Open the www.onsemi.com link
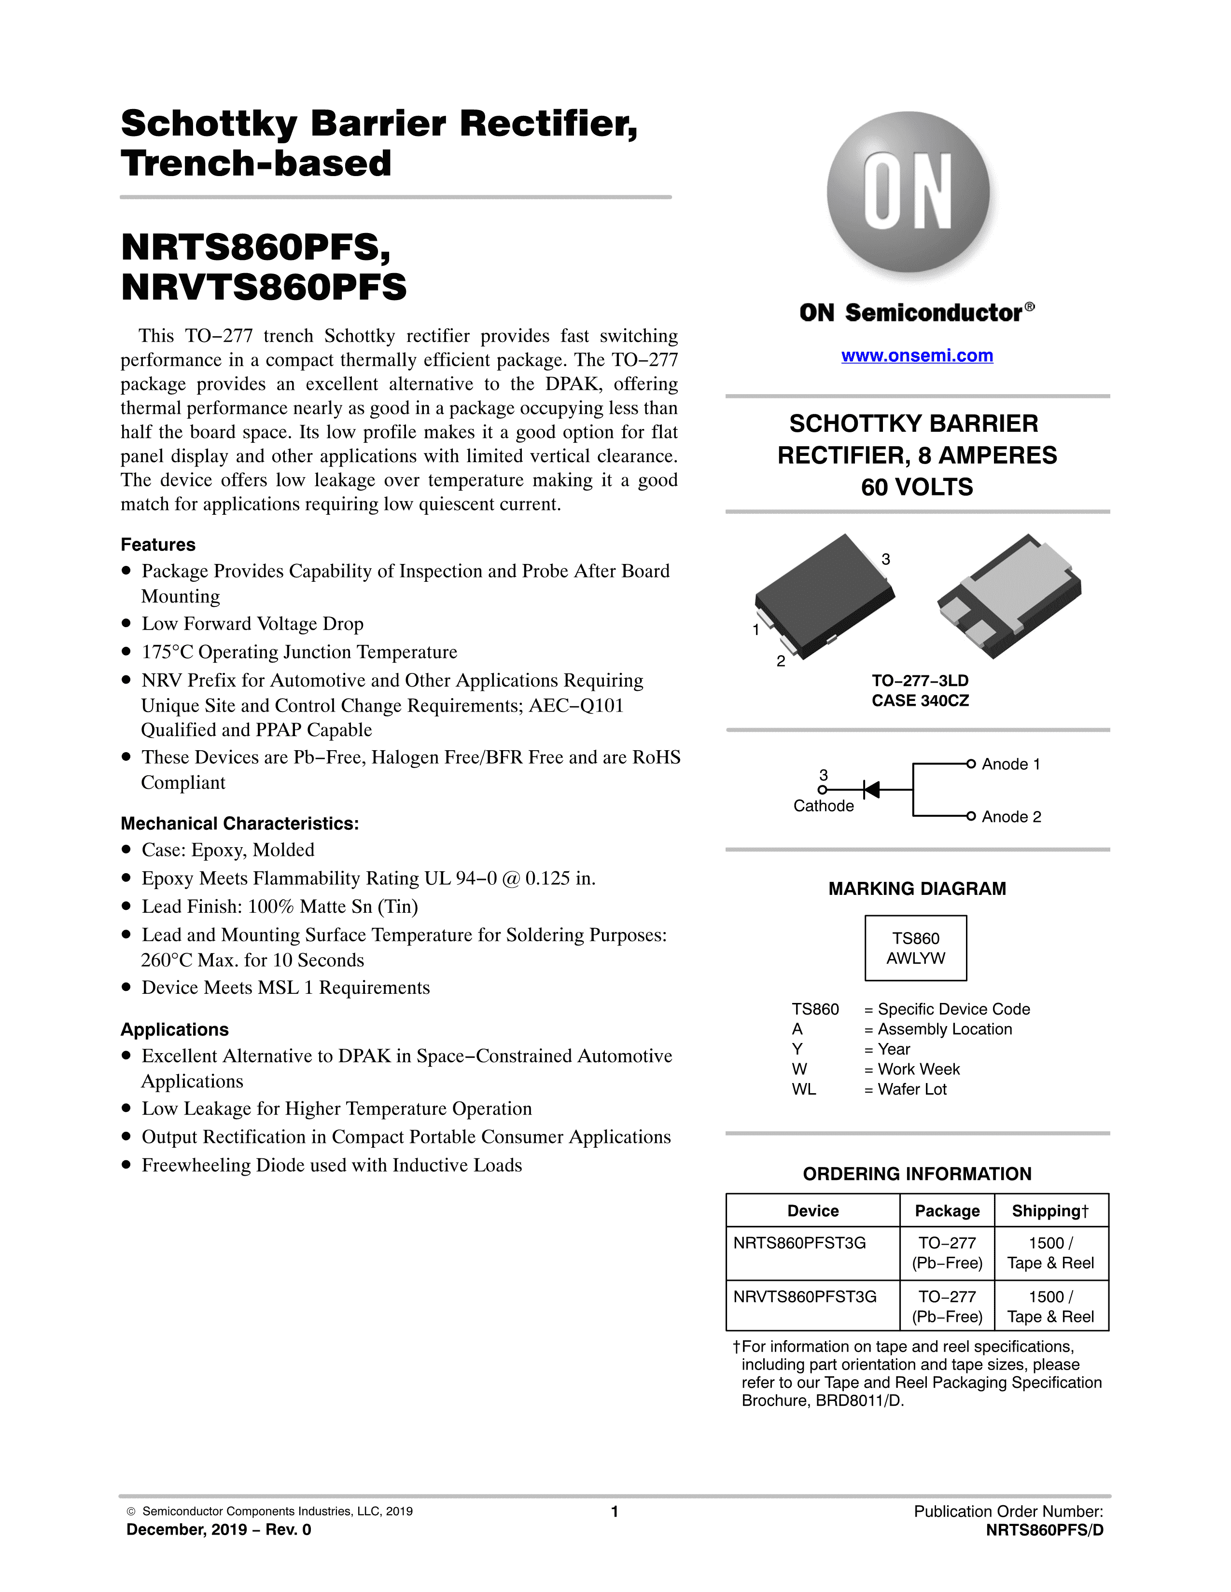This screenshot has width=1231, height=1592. coord(917,356)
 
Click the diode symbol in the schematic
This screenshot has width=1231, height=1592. coord(871,789)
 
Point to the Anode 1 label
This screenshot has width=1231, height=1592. coord(1011,764)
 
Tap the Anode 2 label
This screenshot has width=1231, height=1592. coord(1011,816)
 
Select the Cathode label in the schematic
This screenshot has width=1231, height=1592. coord(824,806)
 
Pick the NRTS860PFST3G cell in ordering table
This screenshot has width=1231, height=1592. coord(800,1243)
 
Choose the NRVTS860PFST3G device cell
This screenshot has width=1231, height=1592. coord(805,1297)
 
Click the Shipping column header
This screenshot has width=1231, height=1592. coord(1049,1211)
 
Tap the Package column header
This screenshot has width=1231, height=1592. coord(947,1211)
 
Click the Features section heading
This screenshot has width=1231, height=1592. coord(158,545)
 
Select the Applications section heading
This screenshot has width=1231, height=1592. coord(174,1029)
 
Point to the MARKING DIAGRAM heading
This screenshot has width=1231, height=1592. coord(917,889)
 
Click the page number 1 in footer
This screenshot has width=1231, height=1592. coord(615,1511)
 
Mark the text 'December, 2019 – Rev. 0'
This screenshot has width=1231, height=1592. coord(219,1529)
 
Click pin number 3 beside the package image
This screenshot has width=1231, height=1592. coord(886,559)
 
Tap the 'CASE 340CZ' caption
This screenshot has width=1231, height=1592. coord(920,700)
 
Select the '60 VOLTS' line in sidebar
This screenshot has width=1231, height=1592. coord(917,487)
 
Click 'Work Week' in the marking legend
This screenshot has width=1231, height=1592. coord(919,1070)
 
